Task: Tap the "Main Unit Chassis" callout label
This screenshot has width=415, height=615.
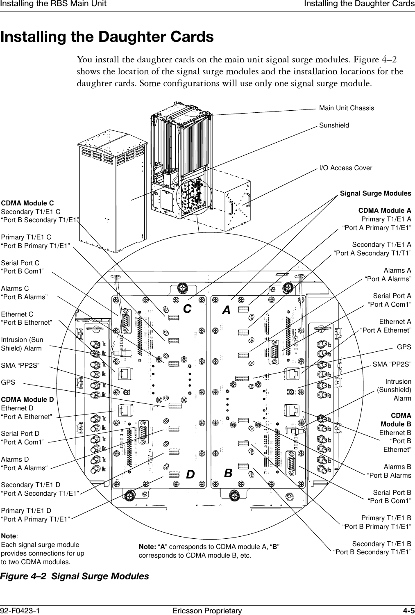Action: point(346,108)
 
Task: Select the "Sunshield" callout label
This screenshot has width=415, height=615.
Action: point(334,125)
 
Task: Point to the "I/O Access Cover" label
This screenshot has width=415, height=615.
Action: point(345,168)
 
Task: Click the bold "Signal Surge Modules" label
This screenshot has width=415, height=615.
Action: point(376,193)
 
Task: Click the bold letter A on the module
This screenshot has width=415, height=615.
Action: point(226,310)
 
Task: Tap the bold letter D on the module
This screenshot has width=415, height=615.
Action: point(190,475)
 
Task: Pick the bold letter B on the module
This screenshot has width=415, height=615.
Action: point(228,473)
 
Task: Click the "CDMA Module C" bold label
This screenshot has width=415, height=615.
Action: point(27,203)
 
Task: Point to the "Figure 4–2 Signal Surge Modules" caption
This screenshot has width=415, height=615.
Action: point(75,576)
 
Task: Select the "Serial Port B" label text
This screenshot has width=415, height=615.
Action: point(392,492)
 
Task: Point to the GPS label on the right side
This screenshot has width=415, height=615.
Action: point(404,347)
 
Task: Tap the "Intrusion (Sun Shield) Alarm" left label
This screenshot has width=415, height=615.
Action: point(22,344)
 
